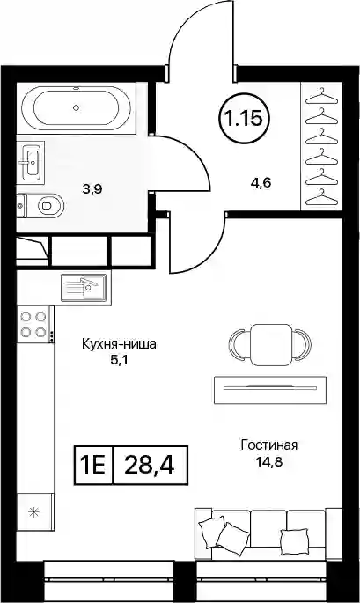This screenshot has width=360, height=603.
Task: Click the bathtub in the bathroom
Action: click(x=77, y=107)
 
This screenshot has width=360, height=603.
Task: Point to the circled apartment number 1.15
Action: click(x=244, y=119)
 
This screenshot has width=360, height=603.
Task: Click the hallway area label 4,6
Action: click(x=262, y=182)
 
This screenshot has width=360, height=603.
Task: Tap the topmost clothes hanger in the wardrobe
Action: click(x=320, y=97)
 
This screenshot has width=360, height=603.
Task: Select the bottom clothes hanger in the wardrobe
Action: click(x=320, y=197)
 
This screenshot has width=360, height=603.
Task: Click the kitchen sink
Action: click(x=84, y=287)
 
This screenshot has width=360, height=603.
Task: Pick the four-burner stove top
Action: click(x=33, y=325)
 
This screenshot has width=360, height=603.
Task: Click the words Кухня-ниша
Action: click(x=119, y=344)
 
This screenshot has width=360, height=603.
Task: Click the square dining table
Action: click(x=269, y=344)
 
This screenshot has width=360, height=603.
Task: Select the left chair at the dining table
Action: click(x=238, y=344)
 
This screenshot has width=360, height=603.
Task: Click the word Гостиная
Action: click(x=269, y=445)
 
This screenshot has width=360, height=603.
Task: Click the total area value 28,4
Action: click(x=150, y=465)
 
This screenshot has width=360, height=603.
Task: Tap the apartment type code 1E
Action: click(x=92, y=465)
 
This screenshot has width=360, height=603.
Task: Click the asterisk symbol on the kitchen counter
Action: click(x=34, y=511)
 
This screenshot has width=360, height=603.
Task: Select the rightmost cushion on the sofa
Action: click(x=294, y=541)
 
